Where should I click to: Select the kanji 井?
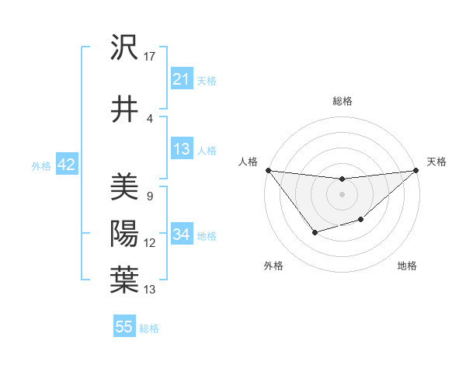click(x=124, y=109)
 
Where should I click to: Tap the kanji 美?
click(x=124, y=186)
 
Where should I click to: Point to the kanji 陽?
click(x=124, y=233)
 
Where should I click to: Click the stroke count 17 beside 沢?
click(x=150, y=56)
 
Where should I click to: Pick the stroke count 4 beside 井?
click(x=149, y=118)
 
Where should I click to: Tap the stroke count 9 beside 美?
click(x=149, y=196)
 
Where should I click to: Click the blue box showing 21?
click(x=182, y=79)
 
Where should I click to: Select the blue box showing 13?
click(x=182, y=149)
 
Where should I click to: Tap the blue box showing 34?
click(x=182, y=235)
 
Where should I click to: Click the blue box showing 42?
click(x=65, y=165)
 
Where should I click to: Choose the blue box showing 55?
click(x=124, y=327)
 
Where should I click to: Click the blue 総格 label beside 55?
click(x=149, y=328)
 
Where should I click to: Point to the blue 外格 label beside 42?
click(x=41, y=166)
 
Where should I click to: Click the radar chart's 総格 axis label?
click(x=342, y=101)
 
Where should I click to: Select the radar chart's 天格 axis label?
click(x=437, y=162)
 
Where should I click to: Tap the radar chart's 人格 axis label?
click(x=249, y=162)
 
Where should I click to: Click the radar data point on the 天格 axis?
click(x=417, y=170)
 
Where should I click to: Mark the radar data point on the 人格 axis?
click(x=268, y=170)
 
